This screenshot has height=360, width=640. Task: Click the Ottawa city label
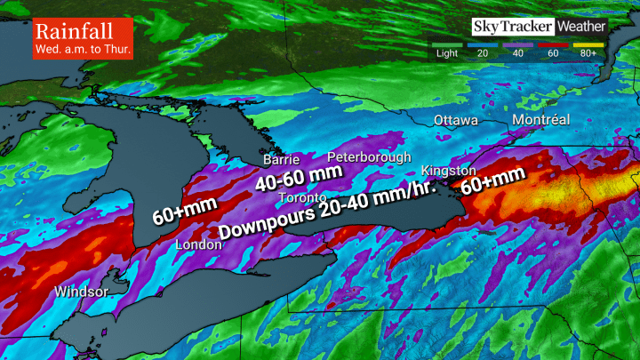456,120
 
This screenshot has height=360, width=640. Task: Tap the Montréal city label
540,120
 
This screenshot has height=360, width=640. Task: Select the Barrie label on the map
280,161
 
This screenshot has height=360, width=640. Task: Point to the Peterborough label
369,156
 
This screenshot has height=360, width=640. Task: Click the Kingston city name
443,169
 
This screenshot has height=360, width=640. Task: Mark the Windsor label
81,292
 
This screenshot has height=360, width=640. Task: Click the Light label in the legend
447,52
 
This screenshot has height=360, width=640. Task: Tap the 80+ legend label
588,52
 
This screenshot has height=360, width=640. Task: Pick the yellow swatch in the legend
588,43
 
